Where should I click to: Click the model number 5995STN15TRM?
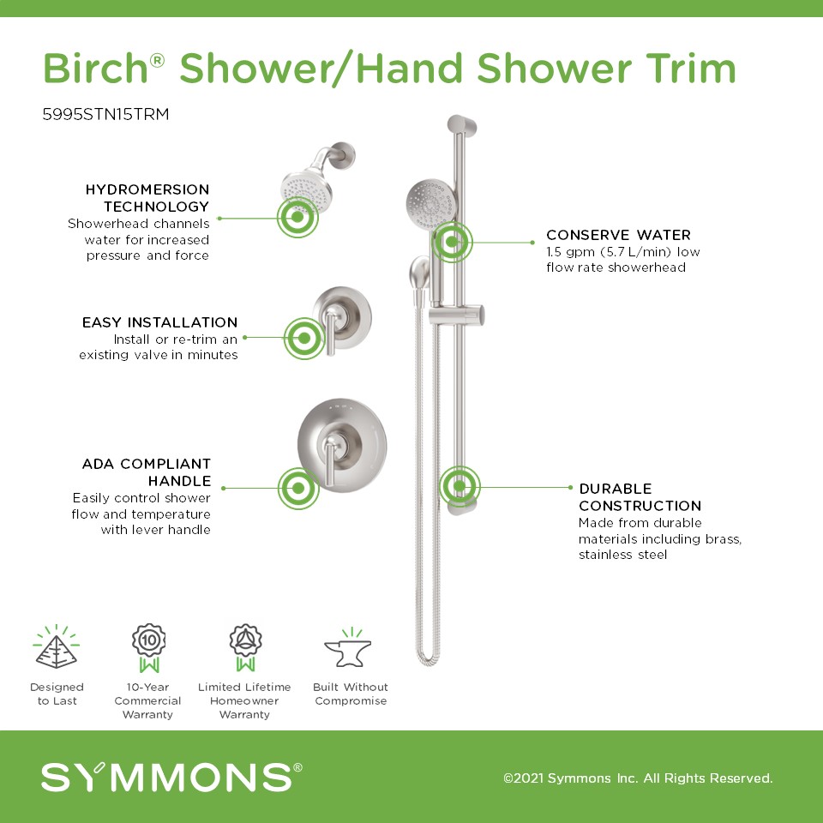point(105,114)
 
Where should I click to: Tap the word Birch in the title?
point(95,69)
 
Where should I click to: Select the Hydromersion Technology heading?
point(147,197)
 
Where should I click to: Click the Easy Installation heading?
point(159,321)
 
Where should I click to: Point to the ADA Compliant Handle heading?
point(147,472)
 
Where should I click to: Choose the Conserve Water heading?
point(618,235)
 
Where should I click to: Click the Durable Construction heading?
point(640,497)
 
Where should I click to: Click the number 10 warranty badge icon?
point(149,648)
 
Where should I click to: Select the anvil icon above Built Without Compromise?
point(348,648)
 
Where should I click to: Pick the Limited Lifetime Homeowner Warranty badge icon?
point(246,648)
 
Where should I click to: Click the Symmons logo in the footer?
point(171,777)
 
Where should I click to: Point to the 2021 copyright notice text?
point(638,778)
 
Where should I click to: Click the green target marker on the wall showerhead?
point(297,217)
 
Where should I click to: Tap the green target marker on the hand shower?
point(452,242)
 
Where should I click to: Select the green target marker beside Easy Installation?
point(304,338)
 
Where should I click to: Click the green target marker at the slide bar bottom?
point(460,487)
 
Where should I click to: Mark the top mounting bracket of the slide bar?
point(461,126)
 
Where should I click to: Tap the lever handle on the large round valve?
point(329,462)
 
